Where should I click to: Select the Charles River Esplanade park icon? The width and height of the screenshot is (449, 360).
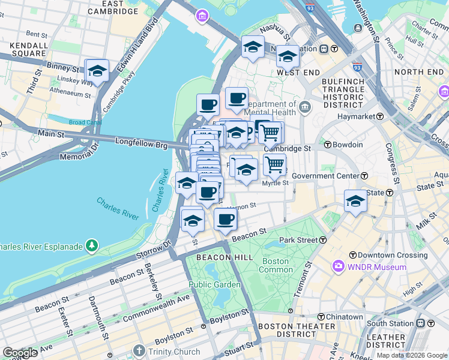(91, 245)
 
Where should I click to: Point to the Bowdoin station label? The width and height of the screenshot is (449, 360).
(348, 145)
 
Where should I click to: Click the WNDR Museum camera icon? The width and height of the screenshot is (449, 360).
(339, 266)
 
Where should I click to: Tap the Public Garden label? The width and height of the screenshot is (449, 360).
(208, 284)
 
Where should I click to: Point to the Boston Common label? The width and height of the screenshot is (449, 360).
(276, 266)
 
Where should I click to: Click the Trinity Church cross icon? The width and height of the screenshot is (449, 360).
(139, 350)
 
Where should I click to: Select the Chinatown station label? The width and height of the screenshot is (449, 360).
(344, 317)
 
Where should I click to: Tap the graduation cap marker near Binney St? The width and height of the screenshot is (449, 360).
(97, 71)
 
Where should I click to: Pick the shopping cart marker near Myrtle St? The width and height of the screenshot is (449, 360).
(274, 164)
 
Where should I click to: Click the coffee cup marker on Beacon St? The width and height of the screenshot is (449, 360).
(226, 219)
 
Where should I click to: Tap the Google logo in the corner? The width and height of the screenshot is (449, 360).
(20, 353)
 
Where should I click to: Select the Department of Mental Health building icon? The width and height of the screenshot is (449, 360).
(305, 107)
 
